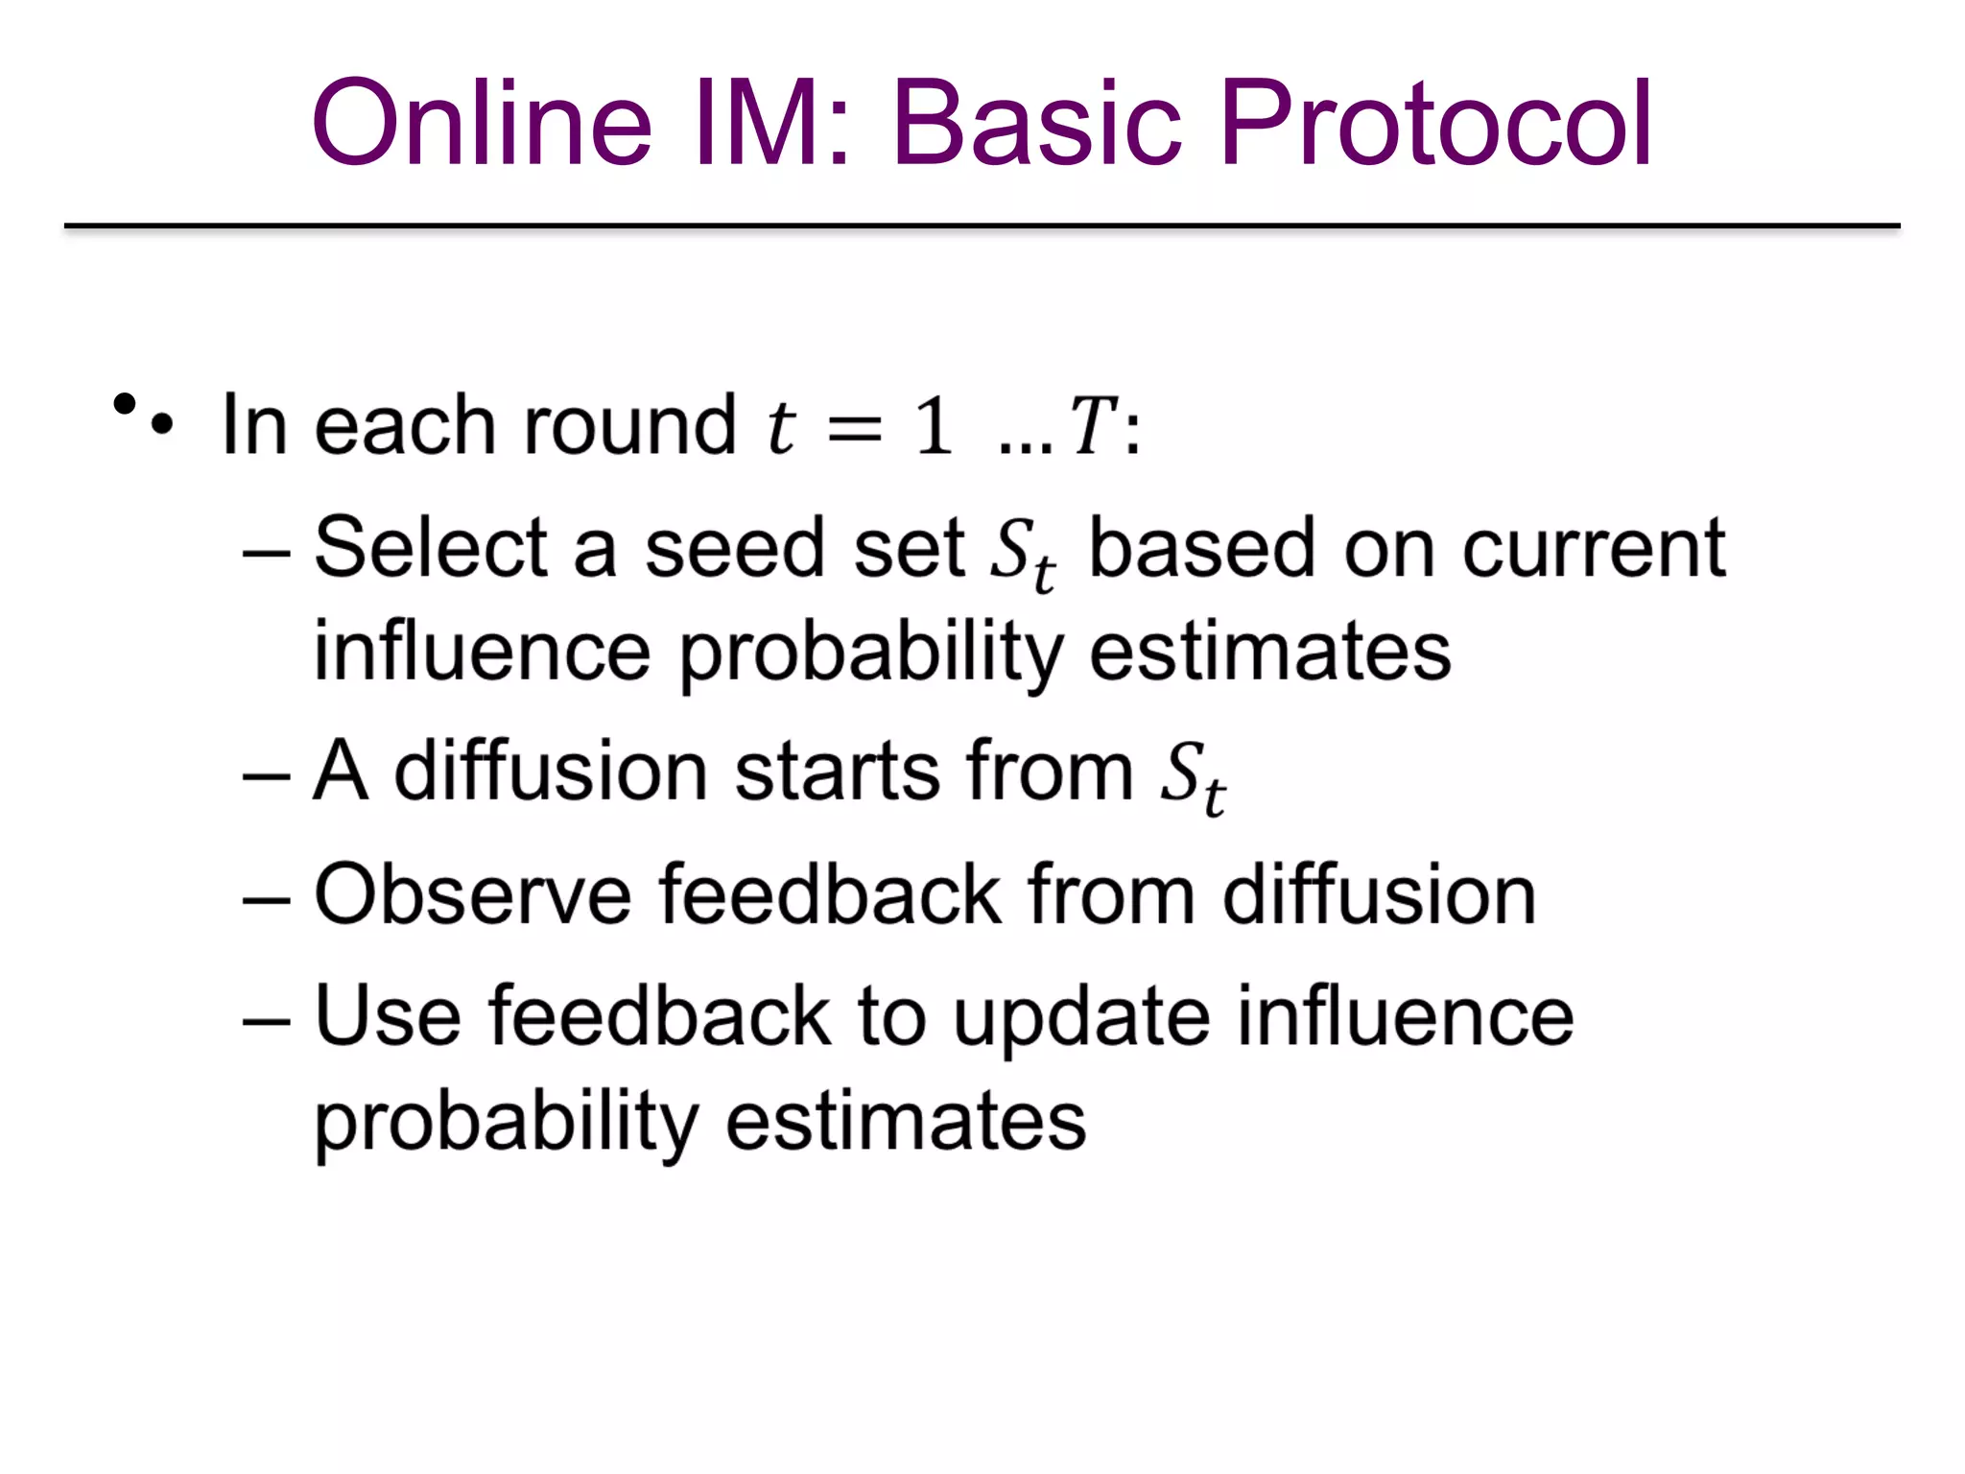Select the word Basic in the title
[x=1036, y=125]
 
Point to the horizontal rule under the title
[x=982, y=226]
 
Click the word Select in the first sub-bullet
[x=431, y=548]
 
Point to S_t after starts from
[x=1193, y=777]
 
